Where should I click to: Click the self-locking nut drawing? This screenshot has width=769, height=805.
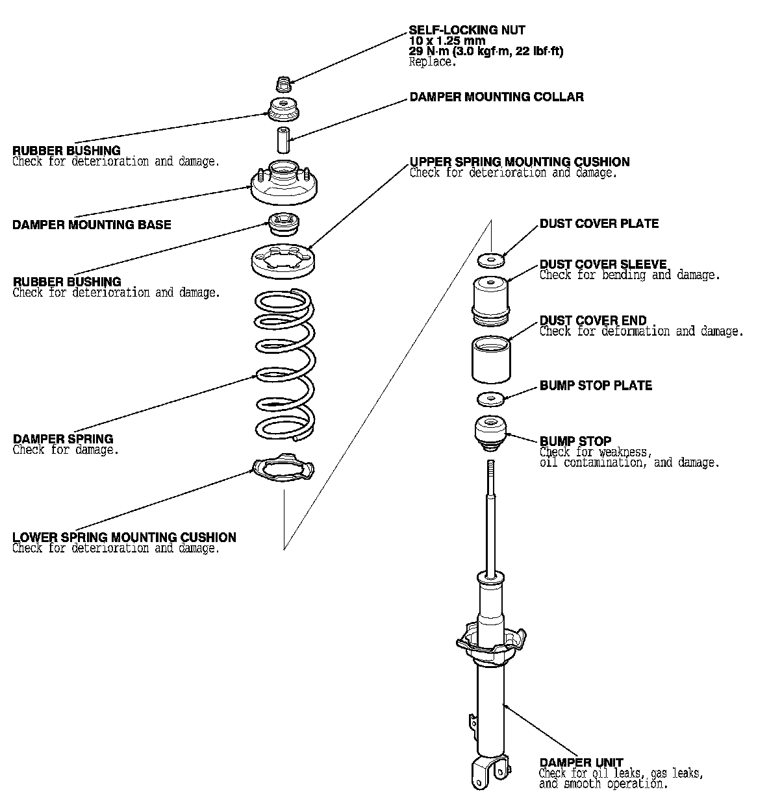(x=283, y=84)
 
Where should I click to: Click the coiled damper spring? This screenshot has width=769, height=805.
(x=284, y=364)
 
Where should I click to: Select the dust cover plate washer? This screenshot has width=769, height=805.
(x=491, y=261)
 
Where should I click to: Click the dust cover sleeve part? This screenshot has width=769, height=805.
(x=491, y=299)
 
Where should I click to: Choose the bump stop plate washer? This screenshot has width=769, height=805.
(x=491, y=398)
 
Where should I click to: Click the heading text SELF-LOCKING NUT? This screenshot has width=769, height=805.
(x=467, y=30)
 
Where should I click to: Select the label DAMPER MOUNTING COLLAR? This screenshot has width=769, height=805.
(x=496, y=97)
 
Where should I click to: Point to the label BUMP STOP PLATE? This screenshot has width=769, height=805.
(x=596, y=386)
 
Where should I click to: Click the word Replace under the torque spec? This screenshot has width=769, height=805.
(x=433, y=62)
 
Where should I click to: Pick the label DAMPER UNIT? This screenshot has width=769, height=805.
(x=581, y=763)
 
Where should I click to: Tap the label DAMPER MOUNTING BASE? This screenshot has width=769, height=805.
(x=92, y=225)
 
